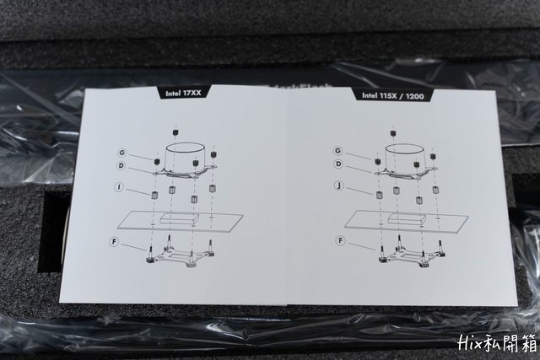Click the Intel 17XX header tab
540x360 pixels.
183,93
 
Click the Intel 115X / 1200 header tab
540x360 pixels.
392,95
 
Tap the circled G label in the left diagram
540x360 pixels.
122,153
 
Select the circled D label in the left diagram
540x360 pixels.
121,166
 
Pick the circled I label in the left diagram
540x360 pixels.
119,187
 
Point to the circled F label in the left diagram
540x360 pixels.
115,242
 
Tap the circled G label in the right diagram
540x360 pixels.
338,151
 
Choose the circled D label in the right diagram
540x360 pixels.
339,164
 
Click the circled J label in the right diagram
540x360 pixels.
339,186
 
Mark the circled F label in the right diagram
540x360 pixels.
340,240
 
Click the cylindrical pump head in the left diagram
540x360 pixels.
186,157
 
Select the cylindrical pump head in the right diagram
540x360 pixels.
405,157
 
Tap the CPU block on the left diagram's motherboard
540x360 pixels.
180,218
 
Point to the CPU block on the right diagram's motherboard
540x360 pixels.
407,218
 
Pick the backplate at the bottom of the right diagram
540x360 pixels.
411,253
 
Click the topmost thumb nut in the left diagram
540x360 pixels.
176,132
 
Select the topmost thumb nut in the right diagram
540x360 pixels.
393,133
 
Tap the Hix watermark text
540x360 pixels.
497,343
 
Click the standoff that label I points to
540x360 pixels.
154,195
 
